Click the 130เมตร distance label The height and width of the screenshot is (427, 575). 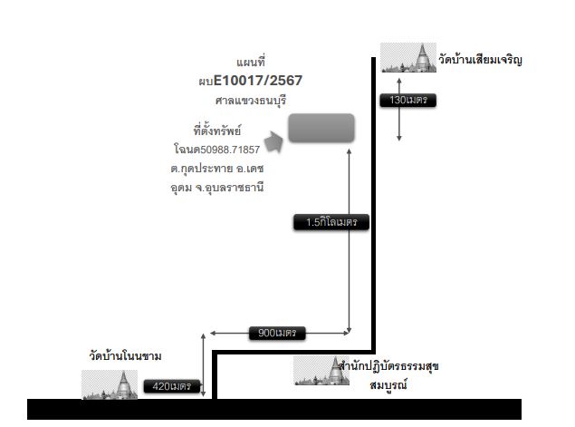tap(407, 100)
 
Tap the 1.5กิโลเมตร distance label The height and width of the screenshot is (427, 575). tap(331, 222)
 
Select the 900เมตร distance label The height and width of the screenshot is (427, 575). tap(277, 333)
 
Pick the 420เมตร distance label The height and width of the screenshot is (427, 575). tap(172, 386)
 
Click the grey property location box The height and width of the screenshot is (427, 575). tap(321, 128)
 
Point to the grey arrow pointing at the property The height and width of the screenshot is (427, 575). tap(273, 141)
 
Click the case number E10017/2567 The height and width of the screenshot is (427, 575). tap(258, 81)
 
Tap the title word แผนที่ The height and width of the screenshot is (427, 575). tap(251, 62)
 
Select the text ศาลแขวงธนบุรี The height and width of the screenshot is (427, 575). tap(251, 101)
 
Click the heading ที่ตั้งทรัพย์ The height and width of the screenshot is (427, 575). tap(217, 131)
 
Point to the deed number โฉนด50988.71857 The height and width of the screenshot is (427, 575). tap(216, 150)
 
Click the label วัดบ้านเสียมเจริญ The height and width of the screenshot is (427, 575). tap(480, 60)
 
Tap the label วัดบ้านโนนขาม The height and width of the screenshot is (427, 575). tap(125, 355)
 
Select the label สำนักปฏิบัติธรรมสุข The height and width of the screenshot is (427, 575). tap(388, 366)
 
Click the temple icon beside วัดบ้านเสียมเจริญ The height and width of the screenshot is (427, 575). tap(408, 57)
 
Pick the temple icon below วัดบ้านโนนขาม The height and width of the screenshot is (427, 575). tap(110, 384)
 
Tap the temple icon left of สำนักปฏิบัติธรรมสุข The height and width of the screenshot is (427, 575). tap(321, 371)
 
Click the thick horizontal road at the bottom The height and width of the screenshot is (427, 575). tap(274, 409)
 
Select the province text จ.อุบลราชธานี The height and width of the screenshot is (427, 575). tap(229, 188)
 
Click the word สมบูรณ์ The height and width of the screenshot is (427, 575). tap(388, 384)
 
